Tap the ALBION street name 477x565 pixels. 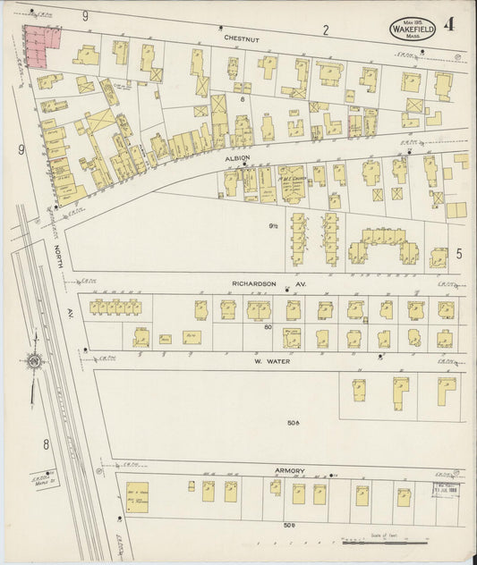point(237,157)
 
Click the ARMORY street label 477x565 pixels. point(291,470)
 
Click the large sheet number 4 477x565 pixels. point(458,17)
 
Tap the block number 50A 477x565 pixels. point(292,422)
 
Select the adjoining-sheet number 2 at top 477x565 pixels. point(326,30)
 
